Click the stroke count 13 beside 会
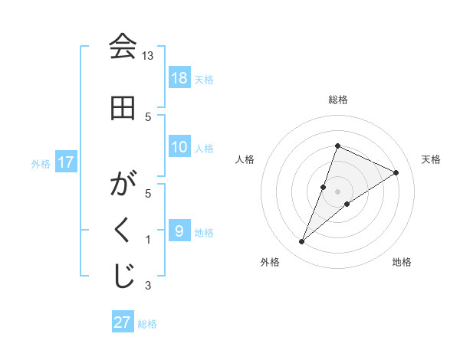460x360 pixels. pyautogui.click(x=148, y=57)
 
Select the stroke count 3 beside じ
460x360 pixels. pyautogui.click(x=148, y=286)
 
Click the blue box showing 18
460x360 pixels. pyautogui.click(x=179, y=78)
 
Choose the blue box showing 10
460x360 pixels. pyautogui.click(x=179, y=147)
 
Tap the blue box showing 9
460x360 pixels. pyautogui.click(x=179, y=231)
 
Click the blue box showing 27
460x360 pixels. pyautogui.click(x=123, y=322)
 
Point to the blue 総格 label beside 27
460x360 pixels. pyautogui.click(x=147, y=324)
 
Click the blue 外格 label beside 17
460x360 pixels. pyautogui.click(x=41, y=163)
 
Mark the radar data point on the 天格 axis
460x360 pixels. pyautogui.click(x=396, y=172)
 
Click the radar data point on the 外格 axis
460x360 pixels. pyautogui.click(x=301, y=242)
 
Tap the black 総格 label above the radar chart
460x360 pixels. pyautogui.click(x=338, y=100)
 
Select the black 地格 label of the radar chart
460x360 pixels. pyautogui.click(x=402, y=262)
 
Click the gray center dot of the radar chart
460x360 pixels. pyautogui.click(x=338, y=191)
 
